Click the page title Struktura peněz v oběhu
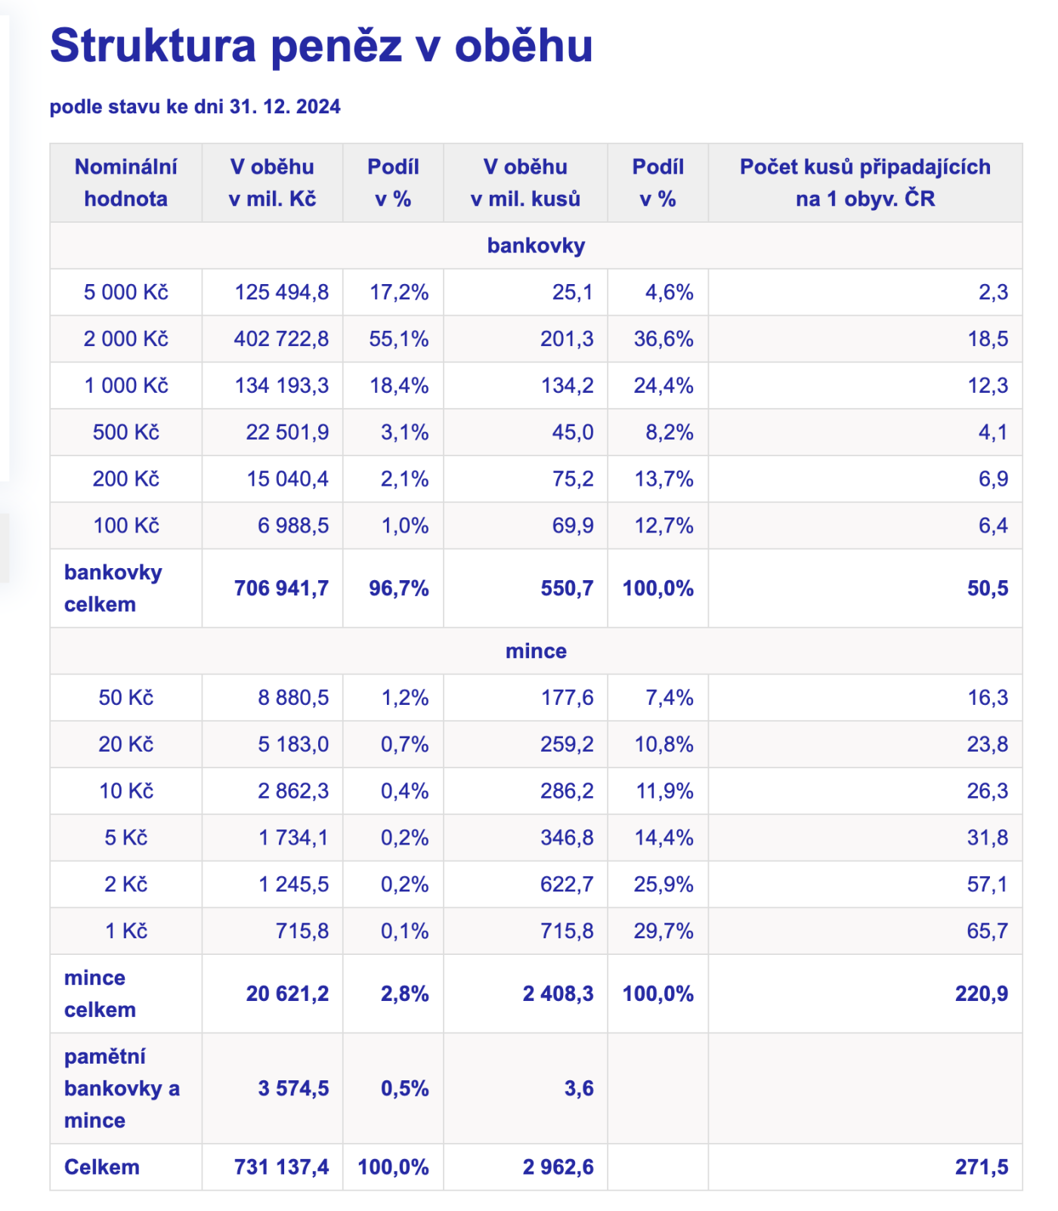pos(321,45)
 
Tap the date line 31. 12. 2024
pos(195,107)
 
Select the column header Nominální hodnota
pos(126,183)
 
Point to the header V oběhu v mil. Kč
pos(272,183)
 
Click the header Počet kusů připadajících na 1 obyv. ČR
pos(865,183)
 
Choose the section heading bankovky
pos(536,246)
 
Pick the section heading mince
pos(536,650)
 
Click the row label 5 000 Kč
pos(126,292)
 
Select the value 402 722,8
pos(281,339)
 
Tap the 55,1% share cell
pos(398,339)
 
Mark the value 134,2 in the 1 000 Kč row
pos(567,386)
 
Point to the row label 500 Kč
pos(126,432)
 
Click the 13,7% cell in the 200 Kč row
pos(664,479)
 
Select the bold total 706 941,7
pos(281,589)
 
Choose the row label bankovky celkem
pos(113,589)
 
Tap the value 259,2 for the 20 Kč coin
pos(567,744)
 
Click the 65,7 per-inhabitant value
pos(987,931)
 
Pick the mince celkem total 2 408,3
pos(558,993)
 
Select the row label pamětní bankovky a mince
pos(122,1088)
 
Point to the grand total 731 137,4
pos(281,1167)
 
